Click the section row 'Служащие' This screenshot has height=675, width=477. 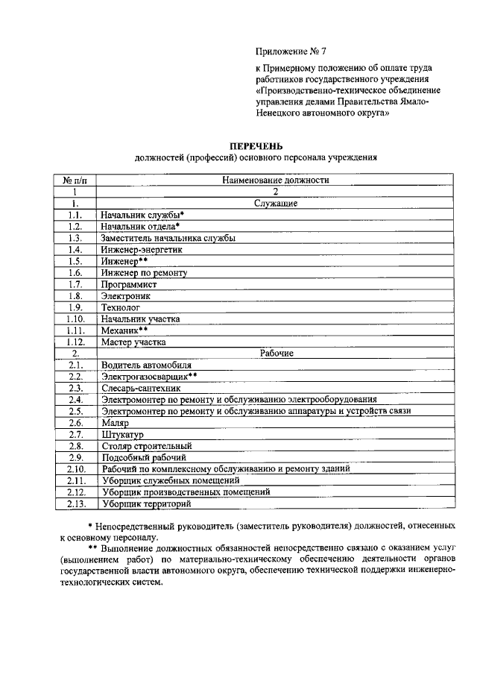coord(276,203)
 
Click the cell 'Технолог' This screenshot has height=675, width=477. coord(120,307)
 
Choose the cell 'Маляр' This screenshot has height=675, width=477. coord(116,422)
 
